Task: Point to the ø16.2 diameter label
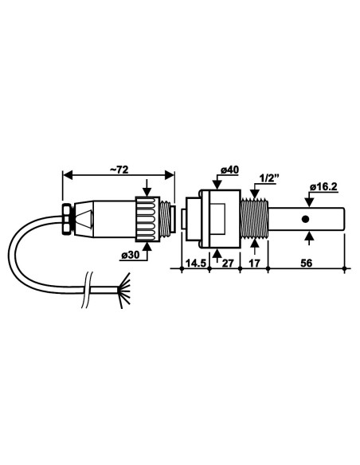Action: pyautogui.click(x=323, y=188)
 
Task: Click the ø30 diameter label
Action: pyautogui.click(x=131, y=256)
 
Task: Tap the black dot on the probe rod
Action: pyautogui.click(x=305, y=219)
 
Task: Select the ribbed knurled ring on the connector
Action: pyautogui.click(x=147, y=219)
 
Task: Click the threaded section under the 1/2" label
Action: pyautogui.click(x=254, y=219)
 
